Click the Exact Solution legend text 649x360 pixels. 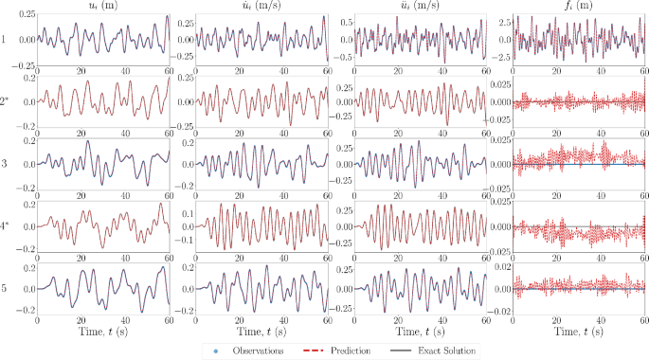[450, 350]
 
